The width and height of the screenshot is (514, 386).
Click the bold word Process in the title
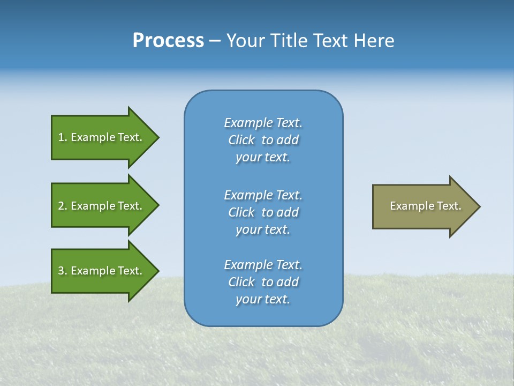[x=168, y=41]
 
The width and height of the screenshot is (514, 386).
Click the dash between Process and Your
[x=215, y=41]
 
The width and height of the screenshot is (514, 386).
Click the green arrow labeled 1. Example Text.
[x=102, y=137]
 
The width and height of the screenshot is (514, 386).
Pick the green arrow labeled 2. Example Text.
[x=102, y=206]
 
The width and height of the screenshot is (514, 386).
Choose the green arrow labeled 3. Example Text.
[x=102, y=271]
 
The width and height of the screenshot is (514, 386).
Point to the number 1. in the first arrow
[x=62, y=137]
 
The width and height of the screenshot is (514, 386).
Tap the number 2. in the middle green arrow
[x=62, y=206]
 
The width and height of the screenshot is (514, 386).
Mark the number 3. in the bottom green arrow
[x=62, y=271]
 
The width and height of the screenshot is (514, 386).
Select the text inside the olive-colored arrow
[x=425, y=206]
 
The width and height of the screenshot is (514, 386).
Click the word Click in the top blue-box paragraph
[x=241, y=140]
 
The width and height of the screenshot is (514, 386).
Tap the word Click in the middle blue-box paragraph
[x=241, y=212]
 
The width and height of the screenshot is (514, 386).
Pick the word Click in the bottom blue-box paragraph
[x=241, y=282]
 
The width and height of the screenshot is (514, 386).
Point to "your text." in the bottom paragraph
[x=263, y=299]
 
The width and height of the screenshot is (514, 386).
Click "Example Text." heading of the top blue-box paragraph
[x=263, y=123]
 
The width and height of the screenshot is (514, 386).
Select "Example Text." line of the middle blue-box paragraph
[x=263, y=195]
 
